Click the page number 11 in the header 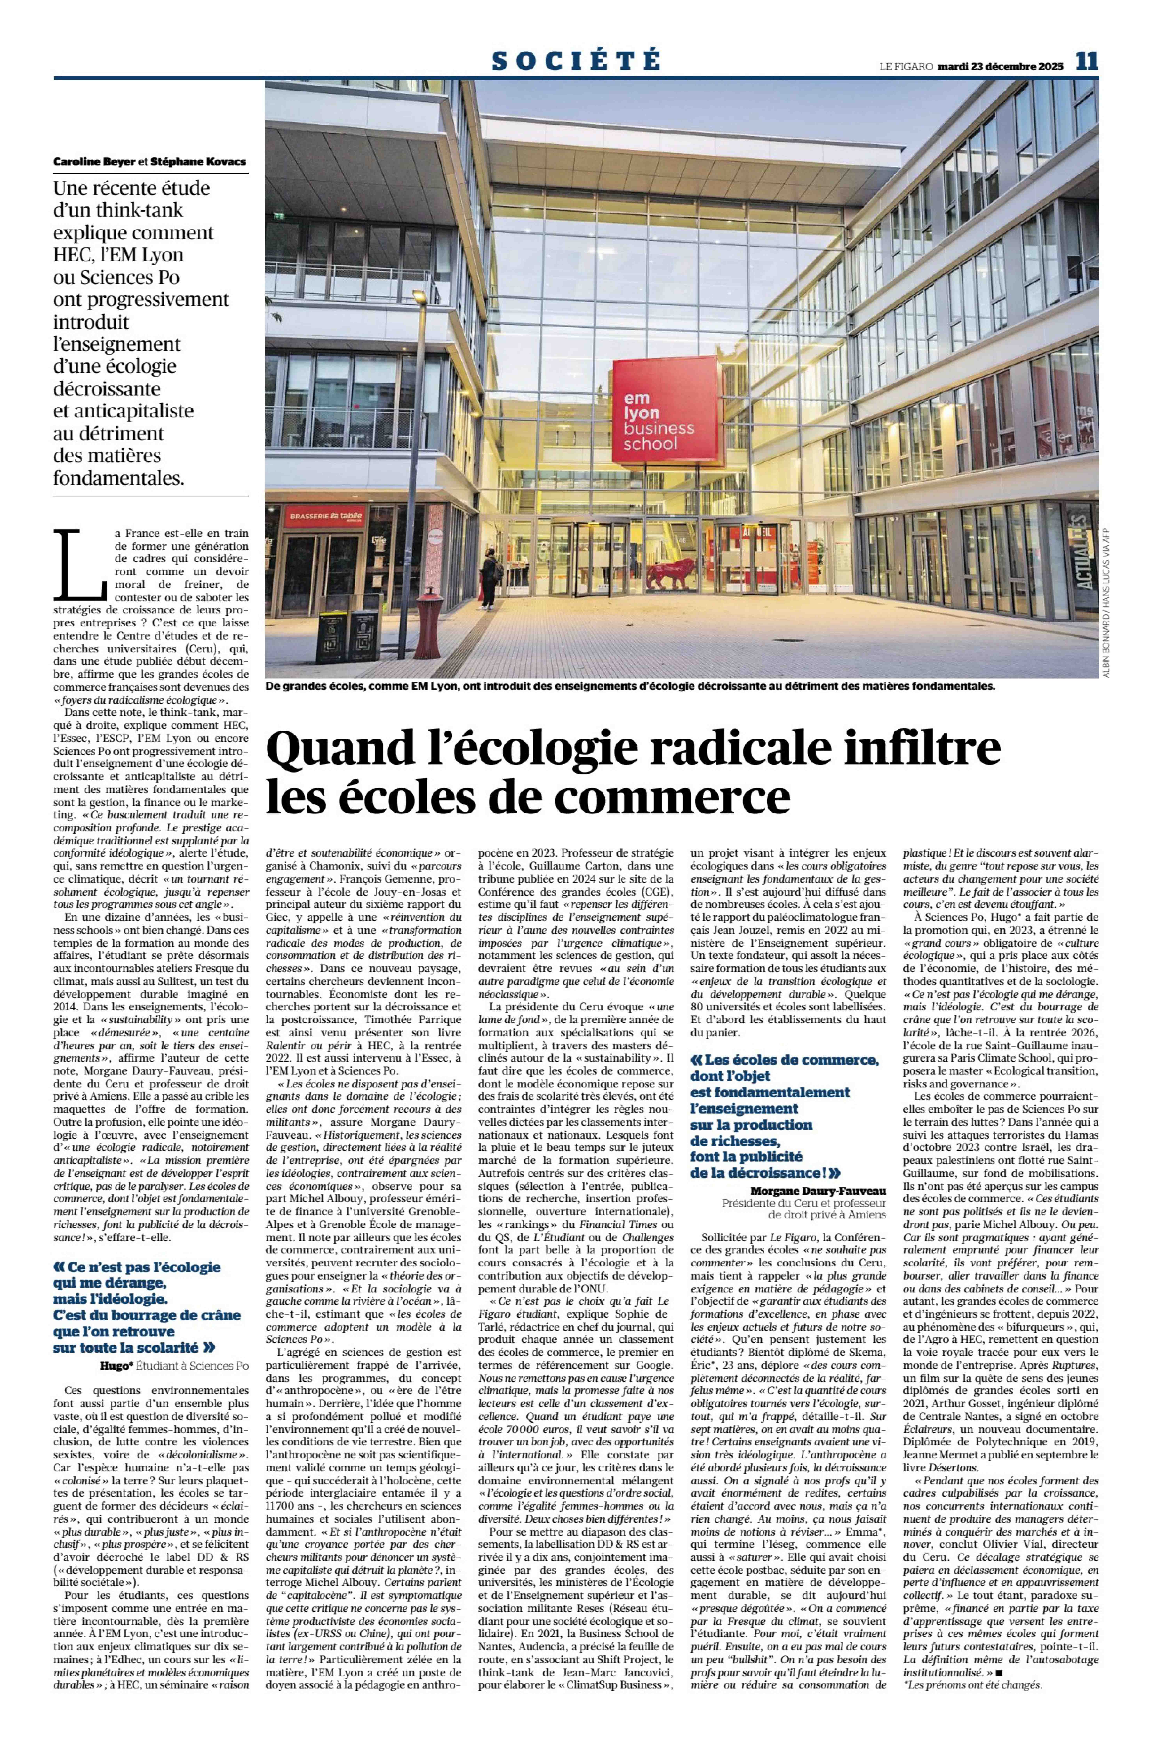tap(1086, 61)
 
